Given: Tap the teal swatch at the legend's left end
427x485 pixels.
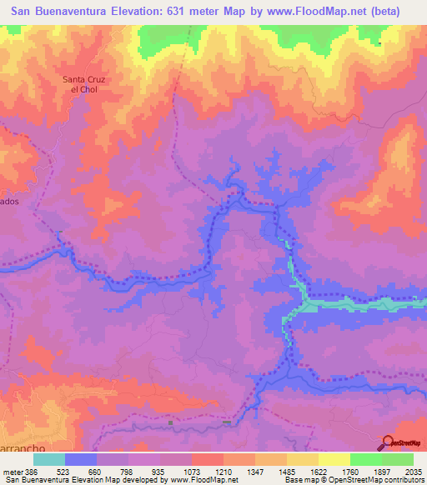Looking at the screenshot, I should (49, 459).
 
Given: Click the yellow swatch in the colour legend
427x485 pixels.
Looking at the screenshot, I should (334, 459).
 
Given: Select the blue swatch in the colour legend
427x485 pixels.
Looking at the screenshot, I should (81, 459).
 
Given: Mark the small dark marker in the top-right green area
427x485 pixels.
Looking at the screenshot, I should (380, 43).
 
